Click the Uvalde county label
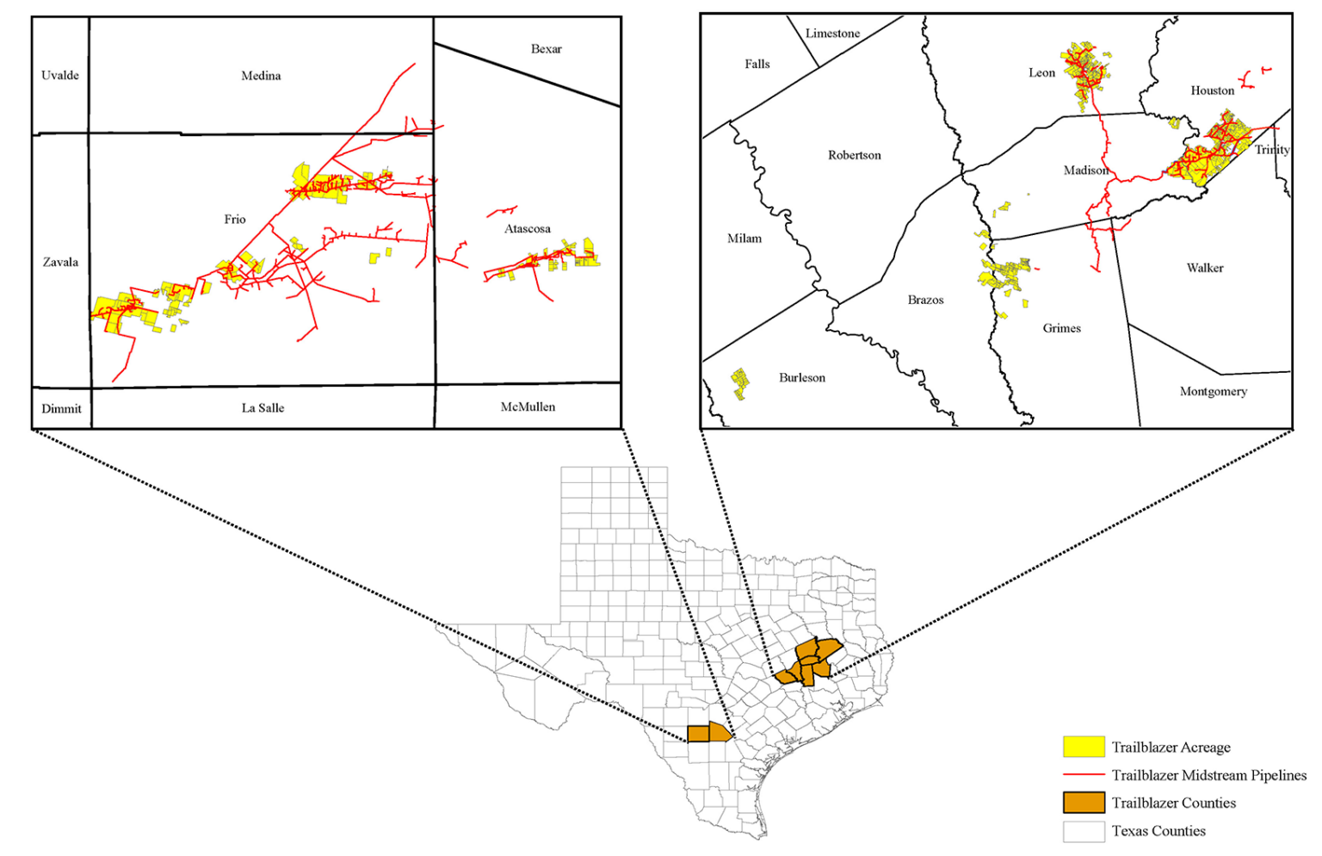60,76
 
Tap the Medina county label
261,76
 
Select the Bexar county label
547,49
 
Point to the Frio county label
235,220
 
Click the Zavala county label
60,263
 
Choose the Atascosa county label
528,229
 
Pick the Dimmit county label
61,409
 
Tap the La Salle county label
263,408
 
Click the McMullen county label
528,407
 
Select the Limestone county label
832,34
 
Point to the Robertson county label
855,156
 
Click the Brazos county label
925,301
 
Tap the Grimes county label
1061,329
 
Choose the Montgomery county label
1213,392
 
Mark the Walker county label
1205,269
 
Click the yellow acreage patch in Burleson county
739,382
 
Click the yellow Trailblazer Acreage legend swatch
1084,747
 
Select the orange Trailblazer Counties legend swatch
1084,803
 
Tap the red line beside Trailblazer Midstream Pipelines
1084,775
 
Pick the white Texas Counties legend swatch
1084,831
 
